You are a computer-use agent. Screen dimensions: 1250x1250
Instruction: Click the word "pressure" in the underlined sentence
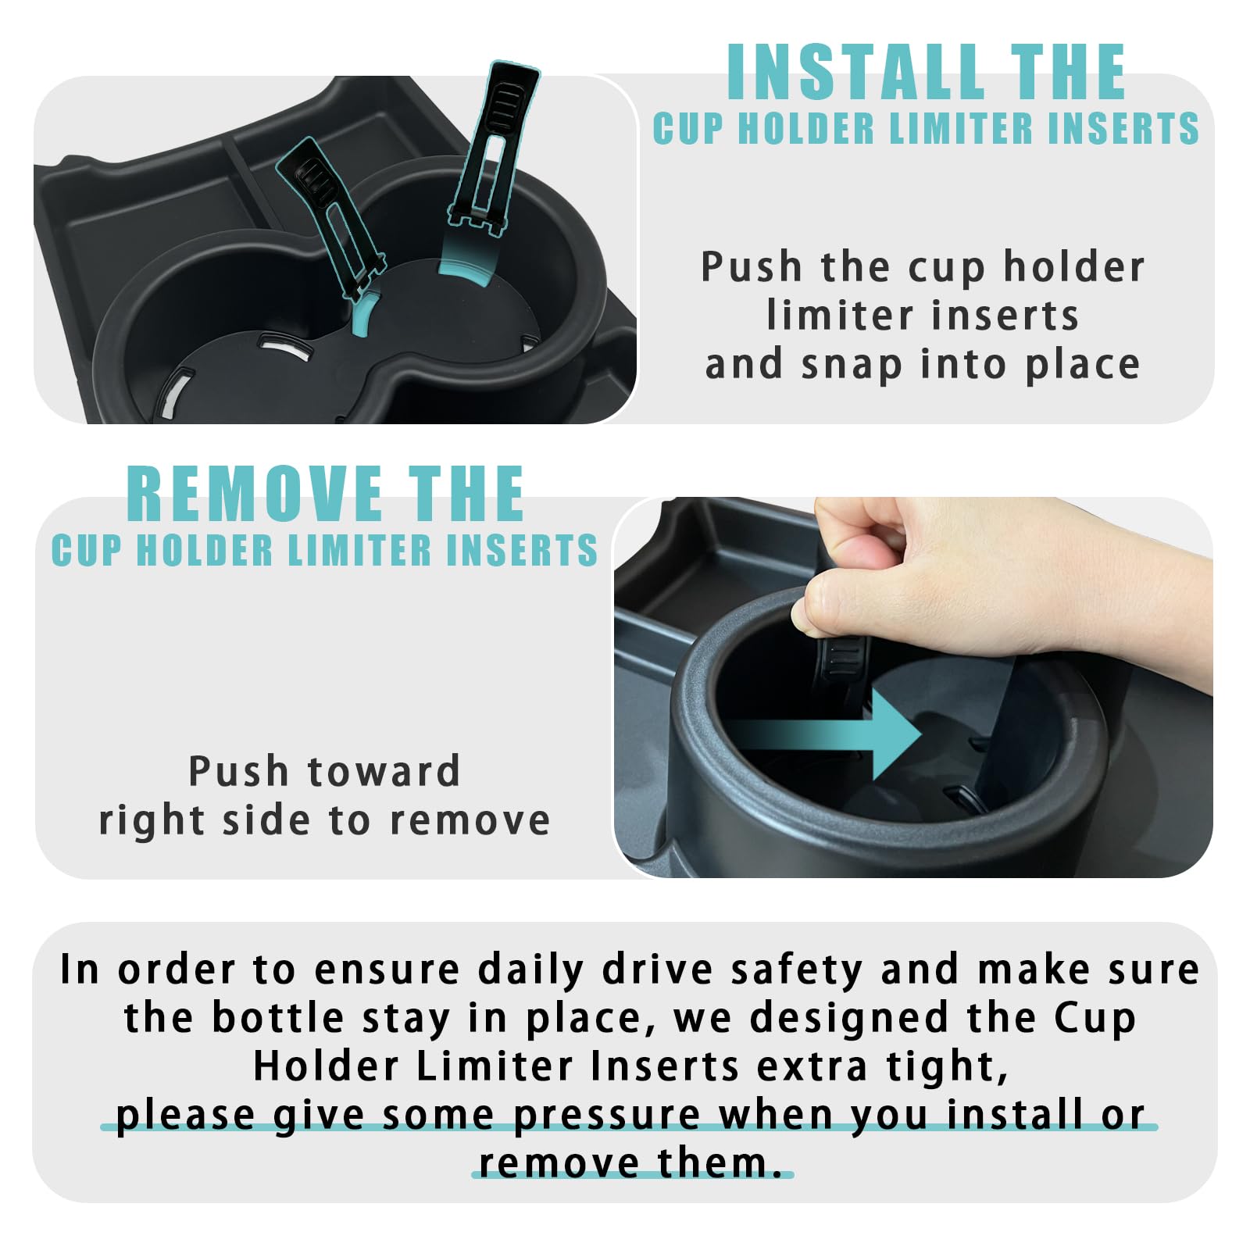[607, 1115]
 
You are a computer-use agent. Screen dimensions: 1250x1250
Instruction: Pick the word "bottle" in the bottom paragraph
[278, 1018]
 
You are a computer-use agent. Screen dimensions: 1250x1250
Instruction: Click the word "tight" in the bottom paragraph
[946, 1066]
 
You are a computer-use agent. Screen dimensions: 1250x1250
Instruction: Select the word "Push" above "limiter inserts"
[751, 267]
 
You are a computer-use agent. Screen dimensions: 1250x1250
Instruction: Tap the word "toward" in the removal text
[384, 772]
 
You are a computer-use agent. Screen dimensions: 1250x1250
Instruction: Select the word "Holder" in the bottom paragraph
[326, 1066]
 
